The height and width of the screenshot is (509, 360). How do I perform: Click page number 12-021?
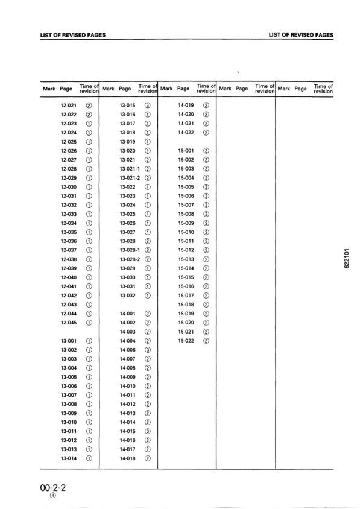click(68, 105)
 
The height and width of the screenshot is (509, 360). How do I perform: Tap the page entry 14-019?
click(186, 105)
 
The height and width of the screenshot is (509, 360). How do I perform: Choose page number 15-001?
click(186, 151)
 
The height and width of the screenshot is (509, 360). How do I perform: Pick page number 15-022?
click(186, 341)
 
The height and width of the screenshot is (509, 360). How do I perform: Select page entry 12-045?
click(68, 323)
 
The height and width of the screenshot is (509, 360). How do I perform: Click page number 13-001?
click(68, 341)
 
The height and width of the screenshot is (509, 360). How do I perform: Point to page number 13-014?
click(68, 458)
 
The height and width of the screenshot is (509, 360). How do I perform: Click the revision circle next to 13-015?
click(148, 105)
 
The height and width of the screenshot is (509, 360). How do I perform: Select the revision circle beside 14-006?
click(148, 350)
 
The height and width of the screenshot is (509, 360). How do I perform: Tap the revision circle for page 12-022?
click(89, 114)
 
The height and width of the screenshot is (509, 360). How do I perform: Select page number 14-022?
click(186, 133)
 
